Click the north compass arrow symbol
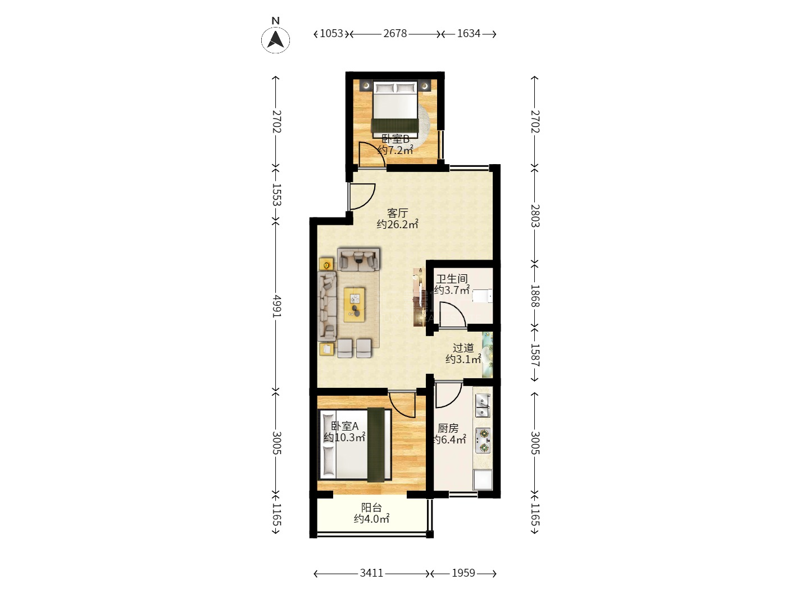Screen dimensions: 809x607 [x=275, y=40]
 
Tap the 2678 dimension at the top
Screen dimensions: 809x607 [x=395, y=34]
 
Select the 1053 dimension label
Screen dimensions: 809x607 [x=331, y=34]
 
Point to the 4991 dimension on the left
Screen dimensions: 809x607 [x=276, y=306]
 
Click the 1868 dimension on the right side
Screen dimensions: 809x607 [x=535, y=296]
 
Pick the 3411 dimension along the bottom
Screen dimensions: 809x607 [x=371, y=573]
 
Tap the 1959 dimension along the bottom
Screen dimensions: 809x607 [x=463, y=573]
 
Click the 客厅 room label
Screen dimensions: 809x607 [x=397, y=212]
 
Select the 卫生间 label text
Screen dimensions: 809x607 [x=452, y=279]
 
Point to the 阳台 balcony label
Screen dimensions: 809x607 [x=371, y=508]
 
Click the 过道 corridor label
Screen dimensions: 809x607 [x=463, y=348]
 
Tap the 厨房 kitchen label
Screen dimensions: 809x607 [x=448, y=428]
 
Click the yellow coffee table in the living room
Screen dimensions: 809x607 [x=354, y=305]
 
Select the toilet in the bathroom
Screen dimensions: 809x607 [x=482, y=296]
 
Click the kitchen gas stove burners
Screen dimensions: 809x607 [x=483, y=440]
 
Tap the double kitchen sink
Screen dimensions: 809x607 [x=483, y=405]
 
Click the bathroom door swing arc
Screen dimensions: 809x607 [x=453, y=314]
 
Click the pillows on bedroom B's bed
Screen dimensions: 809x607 [x=395, y=88]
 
